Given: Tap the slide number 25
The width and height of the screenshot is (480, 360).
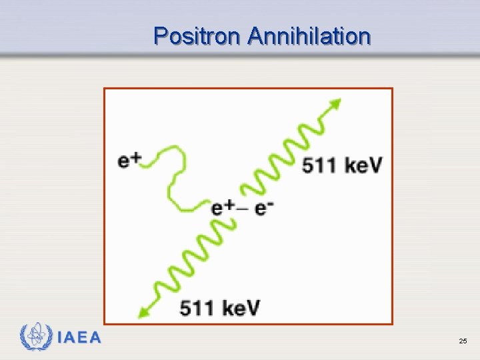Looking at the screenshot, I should (463, 341).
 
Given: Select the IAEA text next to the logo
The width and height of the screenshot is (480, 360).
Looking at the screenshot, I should (79, 338).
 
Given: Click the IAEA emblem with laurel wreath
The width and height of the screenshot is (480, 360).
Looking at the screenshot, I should (36, 337).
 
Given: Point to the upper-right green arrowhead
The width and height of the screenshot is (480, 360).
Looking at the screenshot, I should (335, 104).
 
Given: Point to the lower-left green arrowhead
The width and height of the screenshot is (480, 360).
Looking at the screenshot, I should (141, 311).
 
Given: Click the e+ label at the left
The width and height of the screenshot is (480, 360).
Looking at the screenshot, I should (129, 161).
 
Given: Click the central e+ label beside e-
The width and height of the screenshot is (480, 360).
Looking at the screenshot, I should (222, 207).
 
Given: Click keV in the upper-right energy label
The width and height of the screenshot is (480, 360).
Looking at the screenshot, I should (364, 165).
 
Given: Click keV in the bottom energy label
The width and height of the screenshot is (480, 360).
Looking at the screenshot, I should (241, 308).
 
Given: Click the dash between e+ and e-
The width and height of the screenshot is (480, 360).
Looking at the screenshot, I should (243, 208).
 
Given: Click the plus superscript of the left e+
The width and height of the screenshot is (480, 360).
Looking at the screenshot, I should (135, 157).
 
